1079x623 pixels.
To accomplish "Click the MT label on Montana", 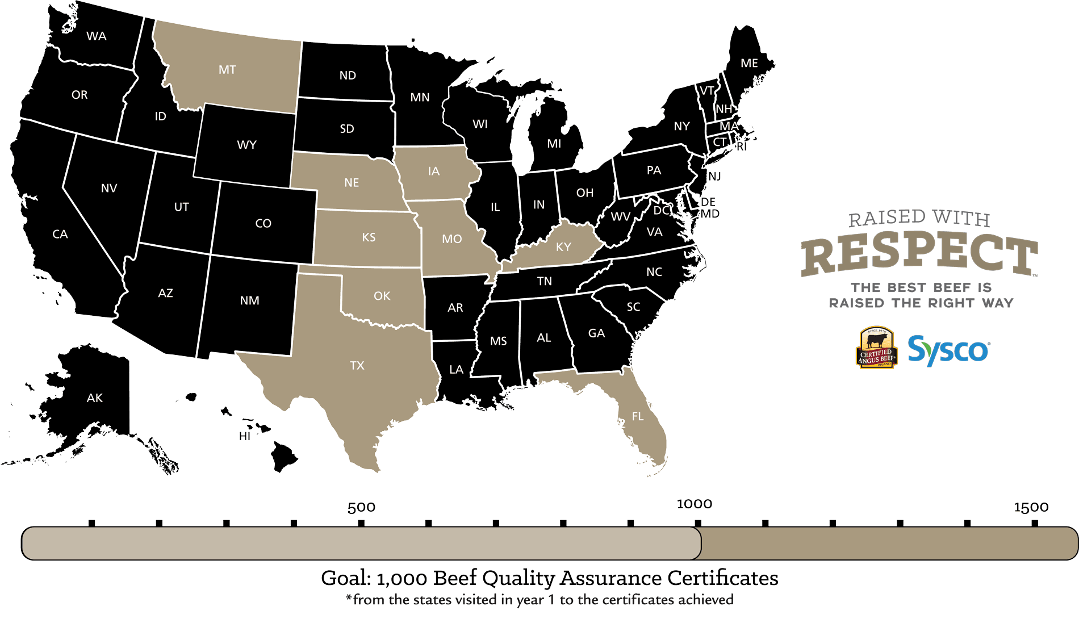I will click(227, 70).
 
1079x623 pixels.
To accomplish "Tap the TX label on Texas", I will click(357, 366).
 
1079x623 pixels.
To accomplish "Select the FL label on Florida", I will click(638, 417).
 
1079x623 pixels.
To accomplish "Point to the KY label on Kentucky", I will click(563, 247).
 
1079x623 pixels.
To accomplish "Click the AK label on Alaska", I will click(95, 398).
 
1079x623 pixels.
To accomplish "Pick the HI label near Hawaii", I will click(245, 436).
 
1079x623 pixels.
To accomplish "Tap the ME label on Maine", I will click(749, 64).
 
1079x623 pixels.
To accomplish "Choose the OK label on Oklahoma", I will click(382, 296).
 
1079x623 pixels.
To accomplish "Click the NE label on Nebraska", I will click(352, 183).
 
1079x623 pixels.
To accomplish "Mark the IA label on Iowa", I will click(434, 172).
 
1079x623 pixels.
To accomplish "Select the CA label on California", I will click(60, 235).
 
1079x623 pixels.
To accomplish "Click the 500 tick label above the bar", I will click(361, 507).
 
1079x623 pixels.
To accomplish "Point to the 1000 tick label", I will click(694, 504).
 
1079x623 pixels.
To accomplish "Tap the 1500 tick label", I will click(1031, 507).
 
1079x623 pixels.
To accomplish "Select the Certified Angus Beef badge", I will click(876, 348).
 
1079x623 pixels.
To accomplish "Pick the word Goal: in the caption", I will click(346, 578).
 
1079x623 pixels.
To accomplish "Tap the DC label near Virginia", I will click(661, 211).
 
